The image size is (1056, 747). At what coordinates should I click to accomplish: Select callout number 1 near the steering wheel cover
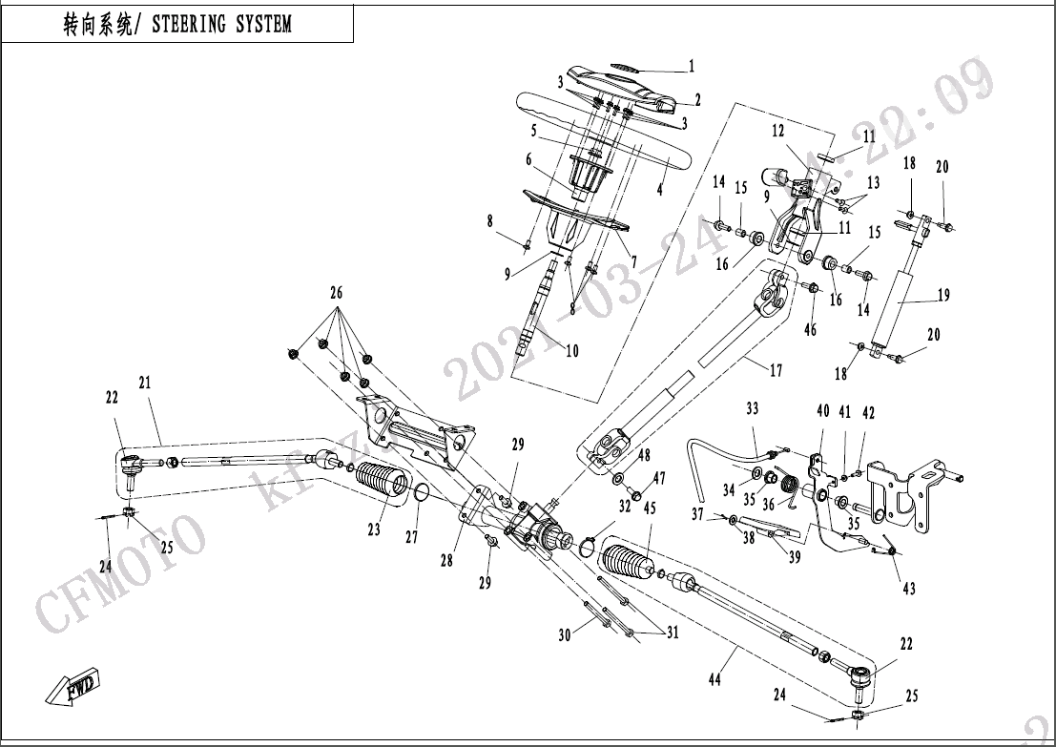point(692,67)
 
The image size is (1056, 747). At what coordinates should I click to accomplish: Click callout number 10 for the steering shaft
point(572,351)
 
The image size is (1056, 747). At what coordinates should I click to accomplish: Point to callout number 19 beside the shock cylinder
point(942,297)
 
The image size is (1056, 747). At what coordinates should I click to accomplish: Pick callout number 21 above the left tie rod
point(145,383)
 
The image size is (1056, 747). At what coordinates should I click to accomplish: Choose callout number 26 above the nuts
point(336,293)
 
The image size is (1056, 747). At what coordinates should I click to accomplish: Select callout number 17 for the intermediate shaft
point(776,370)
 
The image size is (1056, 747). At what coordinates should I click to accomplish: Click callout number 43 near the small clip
point(908,589)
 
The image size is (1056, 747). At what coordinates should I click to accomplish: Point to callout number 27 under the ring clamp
point(411,537)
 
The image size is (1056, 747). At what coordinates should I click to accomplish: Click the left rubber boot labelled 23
point(383,482)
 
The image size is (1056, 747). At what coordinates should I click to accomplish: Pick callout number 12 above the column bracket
point(778,132)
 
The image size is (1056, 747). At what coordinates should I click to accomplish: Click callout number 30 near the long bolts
point(564,633)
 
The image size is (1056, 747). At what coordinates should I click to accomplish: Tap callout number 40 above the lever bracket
point(823,412)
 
